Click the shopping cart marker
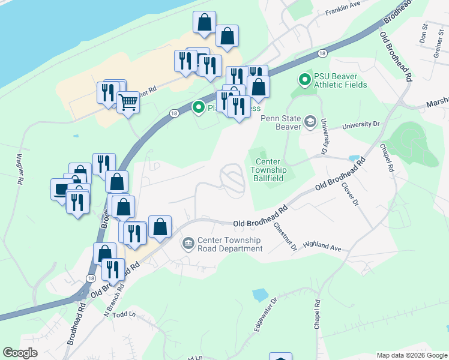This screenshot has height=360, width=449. (x=128, y=103)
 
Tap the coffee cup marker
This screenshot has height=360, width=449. (x=62, y=189)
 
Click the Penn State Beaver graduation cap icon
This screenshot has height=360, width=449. (x=310, y=122)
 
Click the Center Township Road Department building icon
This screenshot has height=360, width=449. (x=188, y=244)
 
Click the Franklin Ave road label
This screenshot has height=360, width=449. (x=342, y=12)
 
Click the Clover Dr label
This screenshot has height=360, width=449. (x=350, y=193)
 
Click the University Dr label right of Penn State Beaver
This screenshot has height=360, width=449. (x=361, y=125)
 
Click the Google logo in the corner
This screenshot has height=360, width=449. (x=20, y=353)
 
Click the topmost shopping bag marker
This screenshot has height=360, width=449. (x=204, y=22)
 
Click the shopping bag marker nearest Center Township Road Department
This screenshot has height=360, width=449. (x=160, y=227)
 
